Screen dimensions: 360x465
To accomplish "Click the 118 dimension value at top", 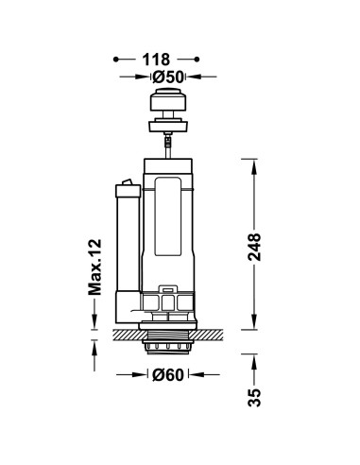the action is click(x=156, y=60).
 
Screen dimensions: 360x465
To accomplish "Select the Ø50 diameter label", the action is click(x=168, y=77).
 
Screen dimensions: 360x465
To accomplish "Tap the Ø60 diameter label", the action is click(x=168, y=374).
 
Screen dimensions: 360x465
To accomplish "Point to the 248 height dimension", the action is click(x=254, y=247).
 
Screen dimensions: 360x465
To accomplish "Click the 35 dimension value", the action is click(x=254, y=397).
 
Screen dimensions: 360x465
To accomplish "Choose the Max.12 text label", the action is click(x=94, y=267).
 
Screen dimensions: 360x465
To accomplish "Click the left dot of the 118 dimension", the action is click(x=116, y=60).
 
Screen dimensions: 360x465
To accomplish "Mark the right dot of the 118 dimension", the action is click(x=197, y=60).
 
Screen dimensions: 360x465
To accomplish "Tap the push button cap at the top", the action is click(x=168, y=99).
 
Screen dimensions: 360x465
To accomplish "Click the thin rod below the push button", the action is click(x=168, y=146).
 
